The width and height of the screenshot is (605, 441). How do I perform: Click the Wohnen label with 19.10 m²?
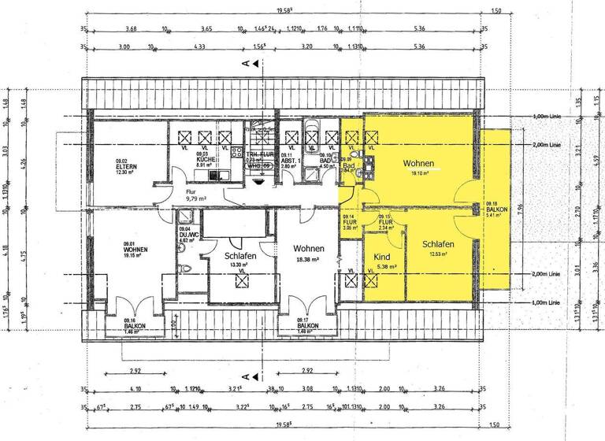click(418, 164)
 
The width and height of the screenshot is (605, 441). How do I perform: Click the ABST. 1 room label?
click(288, 160)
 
